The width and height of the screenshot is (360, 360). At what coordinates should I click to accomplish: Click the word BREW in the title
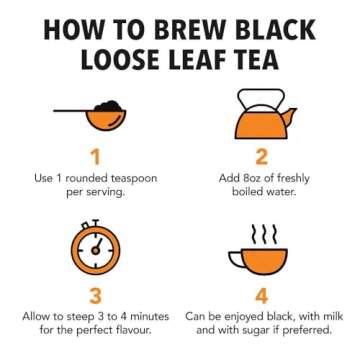[176, 31]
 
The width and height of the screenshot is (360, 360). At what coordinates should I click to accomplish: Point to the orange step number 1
[96, 157]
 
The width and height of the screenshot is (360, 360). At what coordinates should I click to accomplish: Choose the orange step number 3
[96, 295]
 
